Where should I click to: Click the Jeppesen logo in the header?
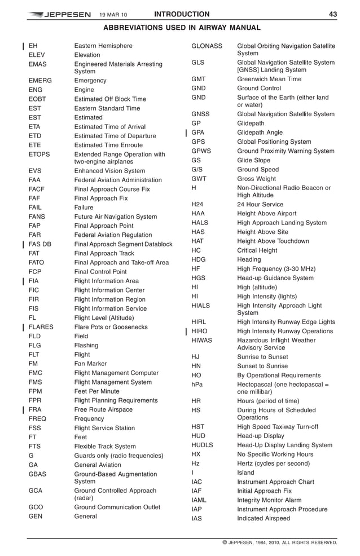pos(59,15)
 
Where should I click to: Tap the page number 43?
pos(333,15)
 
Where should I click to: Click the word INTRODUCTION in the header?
pos(181,15)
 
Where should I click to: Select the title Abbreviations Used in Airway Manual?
pos(181,28)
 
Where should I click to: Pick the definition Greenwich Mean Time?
pos(269,80)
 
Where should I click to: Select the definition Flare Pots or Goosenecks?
pos(111,327)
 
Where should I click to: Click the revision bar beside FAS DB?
pos(22,244)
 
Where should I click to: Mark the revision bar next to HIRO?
pos(186,331)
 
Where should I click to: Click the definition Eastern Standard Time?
pos(107,108)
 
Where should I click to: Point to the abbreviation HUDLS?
pos(202,445)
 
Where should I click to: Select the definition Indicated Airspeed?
pos(264,519)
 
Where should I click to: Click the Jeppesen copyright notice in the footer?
pos(280,543)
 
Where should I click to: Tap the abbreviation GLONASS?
pos(207,46)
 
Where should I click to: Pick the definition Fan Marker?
pos(90,364)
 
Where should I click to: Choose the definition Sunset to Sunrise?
pos(262,366)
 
